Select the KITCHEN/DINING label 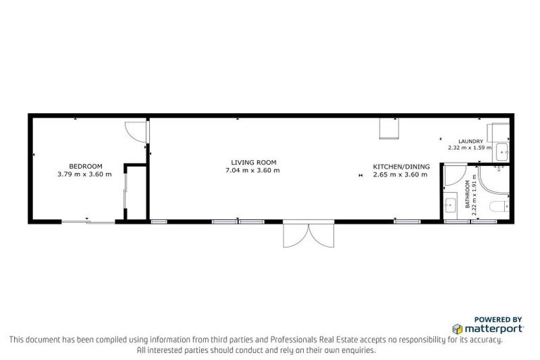(399, 166)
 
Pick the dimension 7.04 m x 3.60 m (252, 170)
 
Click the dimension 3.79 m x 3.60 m (84, 174)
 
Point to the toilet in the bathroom (498, 207)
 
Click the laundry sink (503, 150)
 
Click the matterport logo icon (457, 328)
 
